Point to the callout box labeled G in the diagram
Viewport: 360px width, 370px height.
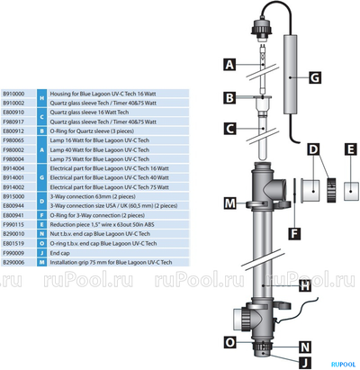[314, 77]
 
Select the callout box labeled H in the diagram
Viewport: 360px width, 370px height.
[304, 285]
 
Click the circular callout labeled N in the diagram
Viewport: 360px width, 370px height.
[304, 346]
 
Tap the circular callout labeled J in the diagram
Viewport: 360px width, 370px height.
[304, 363]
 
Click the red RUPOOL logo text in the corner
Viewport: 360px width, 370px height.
[340, 363]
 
